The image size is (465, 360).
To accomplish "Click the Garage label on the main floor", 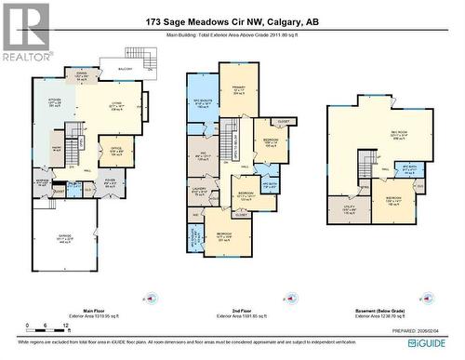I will click(67, 237).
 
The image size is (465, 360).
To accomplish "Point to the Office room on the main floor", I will click(116, 149).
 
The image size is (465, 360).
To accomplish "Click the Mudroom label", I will click(42, 181).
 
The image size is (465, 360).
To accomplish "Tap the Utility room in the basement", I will click(347, 211).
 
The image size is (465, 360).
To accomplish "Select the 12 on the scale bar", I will click(44, 327).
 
